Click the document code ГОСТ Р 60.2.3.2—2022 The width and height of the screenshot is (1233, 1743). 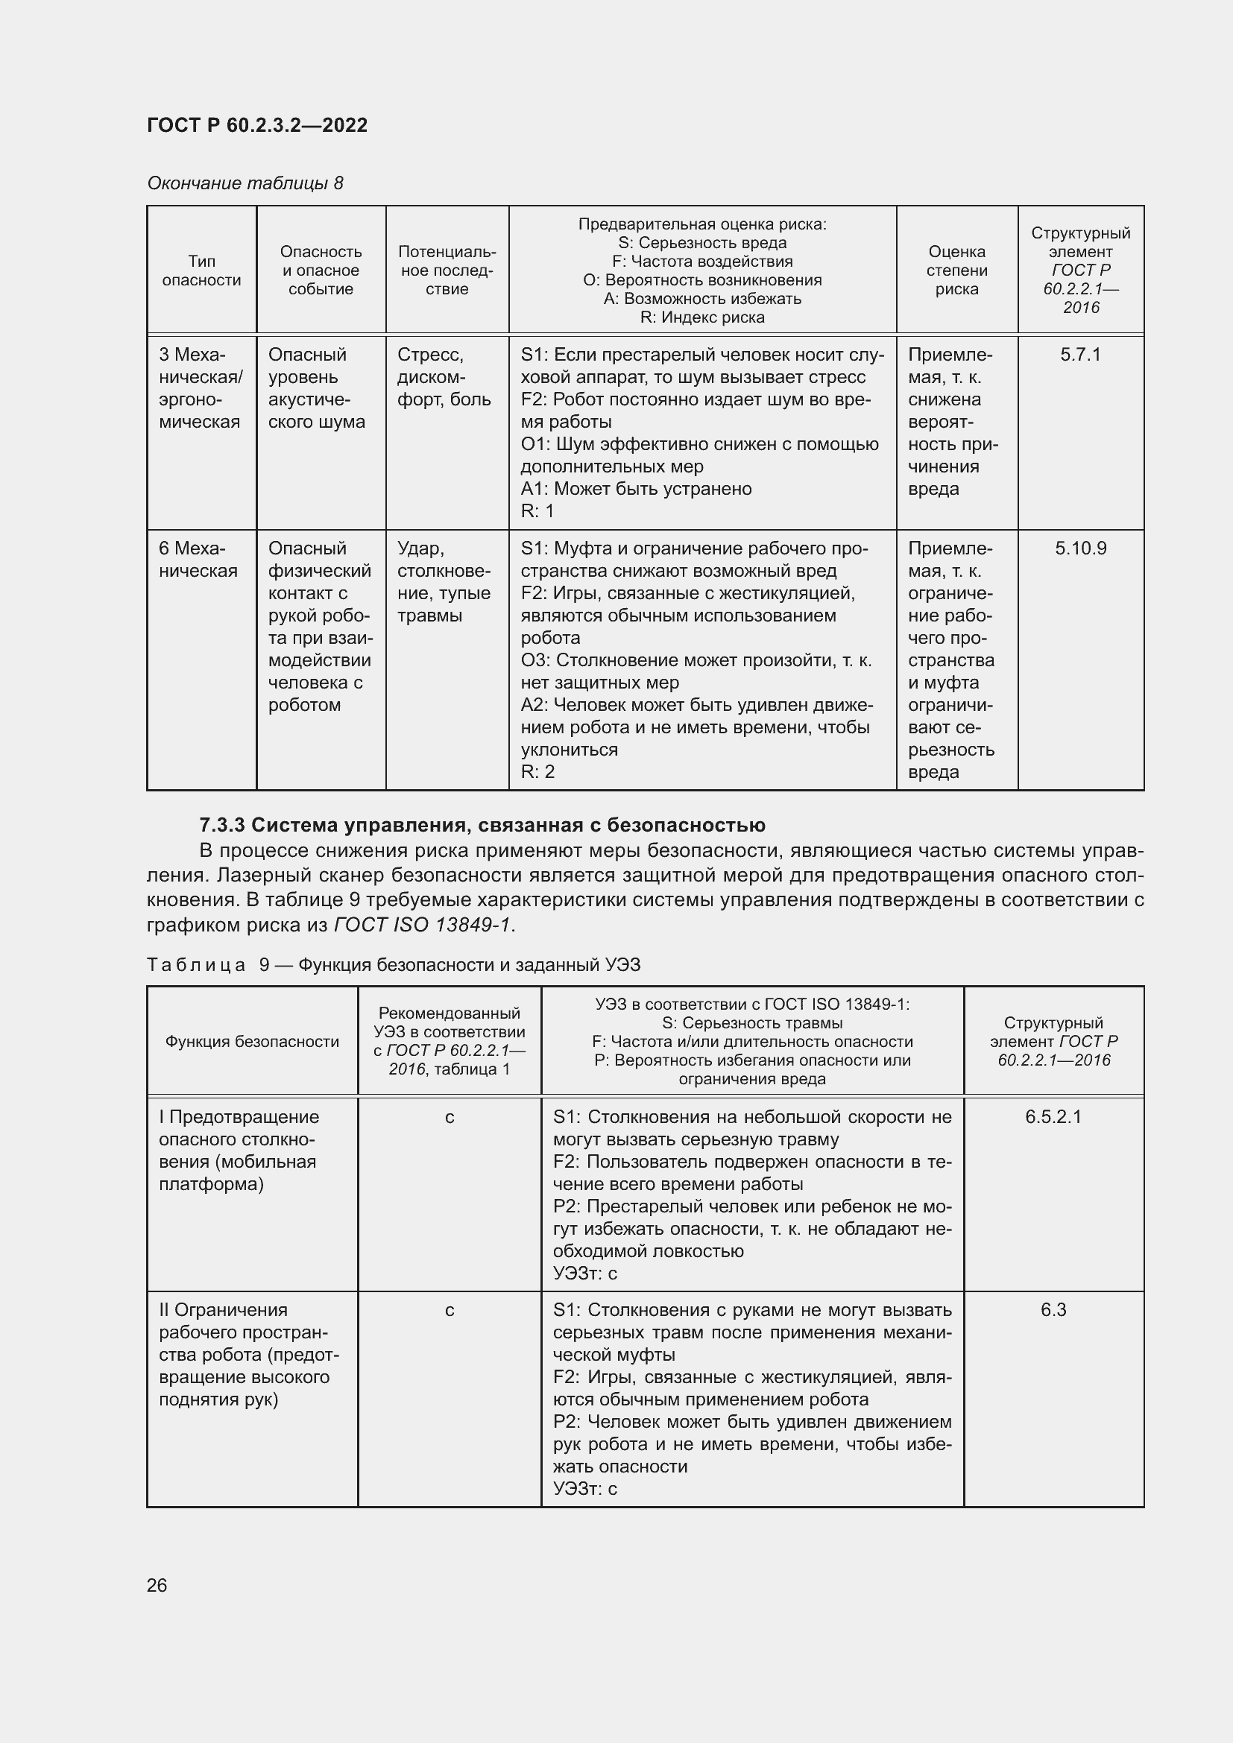tap(256, 125)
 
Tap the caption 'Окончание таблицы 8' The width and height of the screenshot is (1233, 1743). tap(245, 183)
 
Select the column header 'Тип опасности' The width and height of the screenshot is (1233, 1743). tap(201, 271)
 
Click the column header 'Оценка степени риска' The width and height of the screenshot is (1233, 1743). tap(956, 271)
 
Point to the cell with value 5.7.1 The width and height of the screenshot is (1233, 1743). tap(1079, 355)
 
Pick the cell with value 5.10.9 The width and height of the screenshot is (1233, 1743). tap(1079, 548)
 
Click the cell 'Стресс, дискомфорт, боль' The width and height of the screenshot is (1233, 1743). tap(444, 377)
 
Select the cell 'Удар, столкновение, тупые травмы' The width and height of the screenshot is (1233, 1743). tap(444, 581)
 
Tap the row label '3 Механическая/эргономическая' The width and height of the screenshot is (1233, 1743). tap(201, 388)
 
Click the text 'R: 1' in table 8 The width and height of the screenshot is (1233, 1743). tap(537, 511)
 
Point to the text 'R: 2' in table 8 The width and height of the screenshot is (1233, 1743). tap(537, 772)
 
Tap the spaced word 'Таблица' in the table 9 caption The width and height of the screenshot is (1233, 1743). tap(196, 965)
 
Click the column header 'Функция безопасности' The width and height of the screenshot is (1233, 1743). tap(252, 1042)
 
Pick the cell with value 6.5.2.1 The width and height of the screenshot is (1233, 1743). tap(1053, 1117)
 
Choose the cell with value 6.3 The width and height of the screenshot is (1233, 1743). tap(1053, 1309)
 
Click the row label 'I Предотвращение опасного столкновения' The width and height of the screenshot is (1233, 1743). tap(239, 1150)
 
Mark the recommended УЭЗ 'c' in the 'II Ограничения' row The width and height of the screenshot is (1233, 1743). tap(450, 1309)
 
